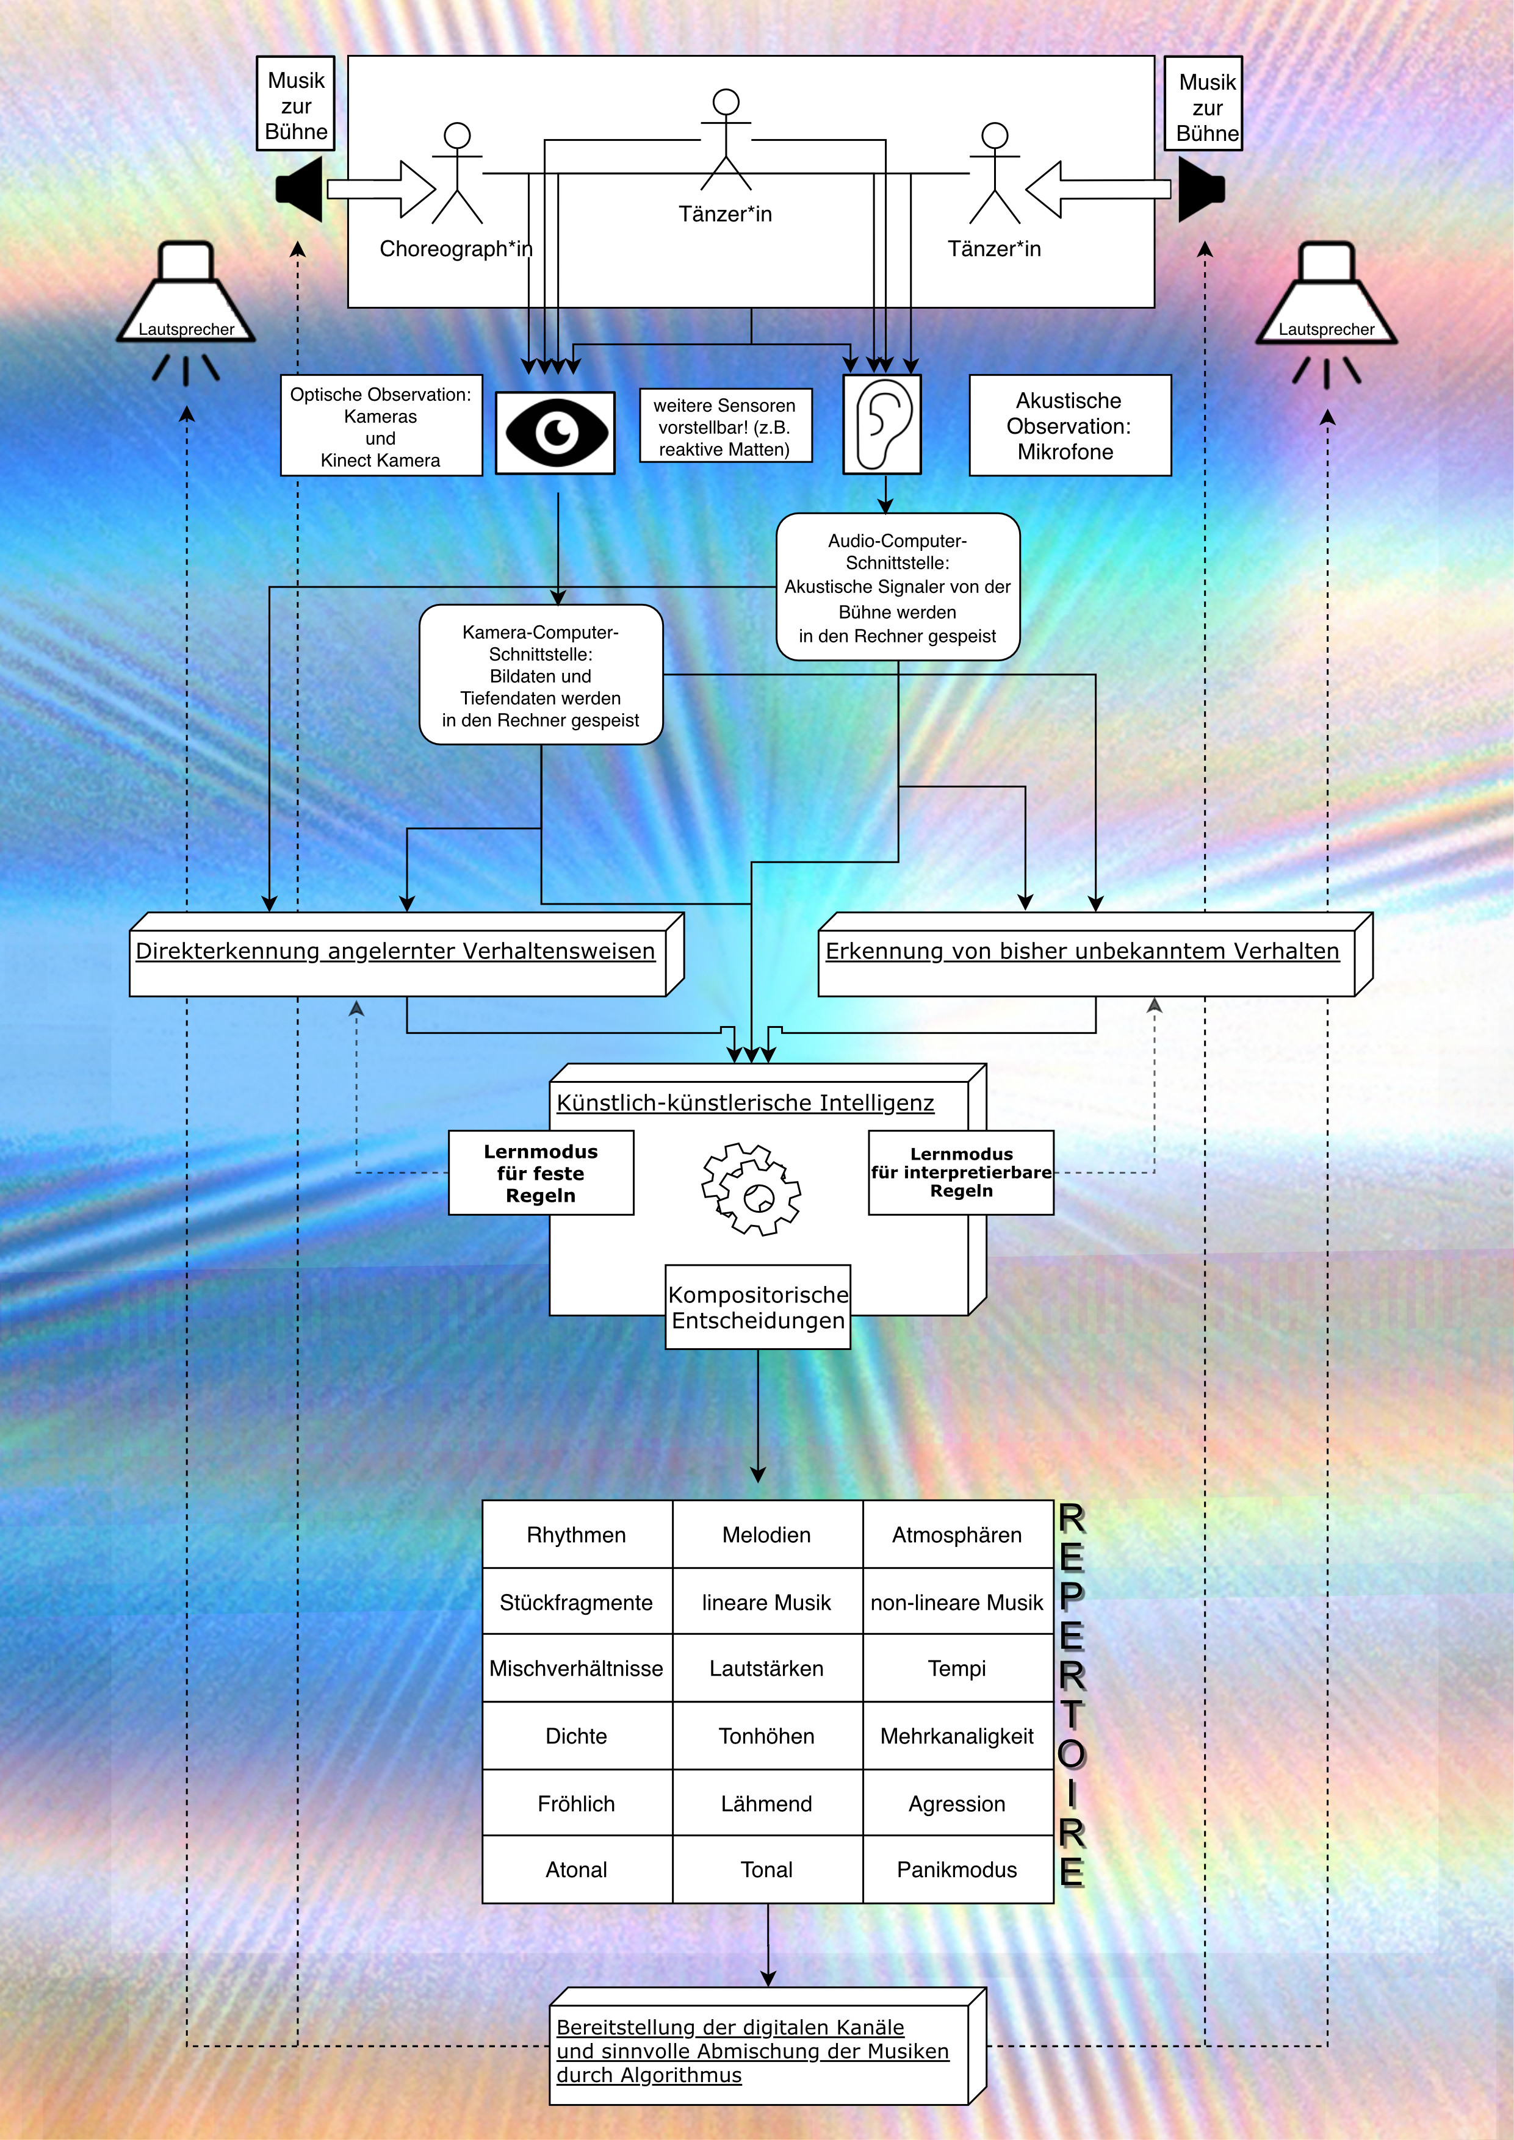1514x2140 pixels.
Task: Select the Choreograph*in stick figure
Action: (x=457, y=174)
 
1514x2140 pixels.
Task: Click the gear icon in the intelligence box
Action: (x=751, y=1190)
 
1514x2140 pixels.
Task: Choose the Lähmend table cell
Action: (x=766, y=1803)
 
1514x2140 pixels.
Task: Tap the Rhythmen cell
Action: (x=576, y=1534)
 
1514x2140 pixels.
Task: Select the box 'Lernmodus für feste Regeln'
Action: (x=541, y=1172)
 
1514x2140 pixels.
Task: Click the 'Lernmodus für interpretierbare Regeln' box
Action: (x=961, y=1172)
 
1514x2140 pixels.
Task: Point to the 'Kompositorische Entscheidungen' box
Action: (x=758, y=1307)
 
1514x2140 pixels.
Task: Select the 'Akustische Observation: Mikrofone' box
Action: (x=1069, y=426)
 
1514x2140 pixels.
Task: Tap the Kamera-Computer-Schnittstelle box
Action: (x=541, y=675)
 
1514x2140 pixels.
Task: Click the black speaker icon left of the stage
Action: (x=300, y=189)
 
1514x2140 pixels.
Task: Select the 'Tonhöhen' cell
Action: (x=766, y=1736)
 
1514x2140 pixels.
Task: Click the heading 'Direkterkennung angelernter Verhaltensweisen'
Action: (x=395, y=950)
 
